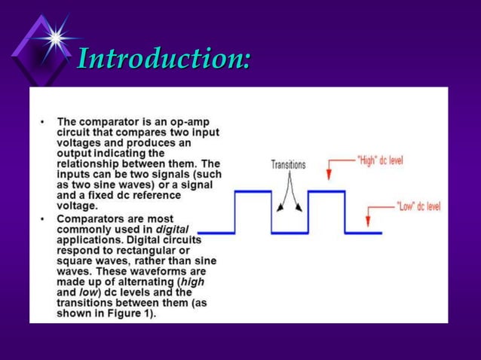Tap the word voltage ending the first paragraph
(77, 205)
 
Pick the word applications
(90, 239)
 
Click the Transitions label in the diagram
(288, 164)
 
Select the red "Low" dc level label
(418, 205)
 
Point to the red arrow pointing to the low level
(367, 215)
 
